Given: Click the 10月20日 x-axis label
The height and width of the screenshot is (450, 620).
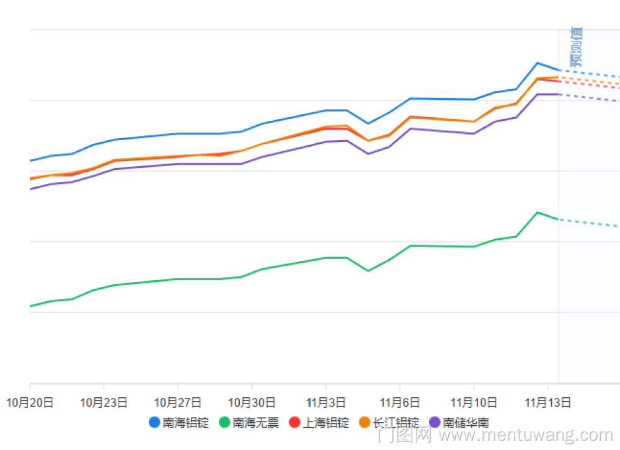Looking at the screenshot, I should pos(30,402).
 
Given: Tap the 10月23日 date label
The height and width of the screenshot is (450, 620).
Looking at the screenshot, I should pos(104,402).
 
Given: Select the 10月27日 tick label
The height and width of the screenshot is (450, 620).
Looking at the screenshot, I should pos(177,402).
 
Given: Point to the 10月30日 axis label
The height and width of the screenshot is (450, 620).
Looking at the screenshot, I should pos(251,402).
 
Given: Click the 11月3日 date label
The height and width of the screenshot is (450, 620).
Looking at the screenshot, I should pos(325,402).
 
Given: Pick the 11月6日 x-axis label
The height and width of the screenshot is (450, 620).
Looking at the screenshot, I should pos(399,402).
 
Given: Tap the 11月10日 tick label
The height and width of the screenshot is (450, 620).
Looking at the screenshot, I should pos(474,402).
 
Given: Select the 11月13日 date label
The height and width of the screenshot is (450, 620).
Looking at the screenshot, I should pos(547,402).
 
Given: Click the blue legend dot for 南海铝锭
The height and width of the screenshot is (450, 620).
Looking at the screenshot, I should pos(154,423).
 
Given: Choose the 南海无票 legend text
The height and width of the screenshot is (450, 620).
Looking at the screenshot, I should pos(255,423).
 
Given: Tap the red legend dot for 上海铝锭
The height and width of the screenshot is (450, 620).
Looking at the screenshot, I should pos(295,423).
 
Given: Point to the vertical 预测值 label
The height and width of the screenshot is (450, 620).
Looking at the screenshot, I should pos(576,46).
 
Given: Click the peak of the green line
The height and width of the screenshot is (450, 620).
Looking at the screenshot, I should pos(538,212).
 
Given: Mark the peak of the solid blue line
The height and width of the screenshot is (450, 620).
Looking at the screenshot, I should pos(538,63).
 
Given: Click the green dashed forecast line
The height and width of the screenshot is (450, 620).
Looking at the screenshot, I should pos(589,223).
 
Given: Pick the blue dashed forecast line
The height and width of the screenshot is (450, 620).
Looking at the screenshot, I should pos(589,73).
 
